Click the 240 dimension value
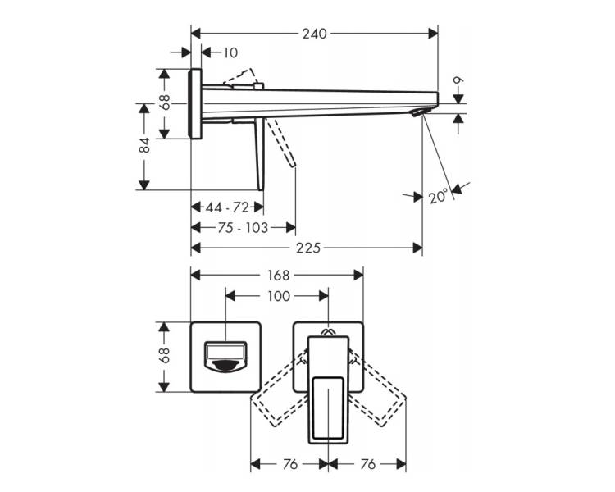[314, 34]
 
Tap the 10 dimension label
[230, 52]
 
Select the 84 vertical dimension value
[144, 145]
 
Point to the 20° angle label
[438, 196]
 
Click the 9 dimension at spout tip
[458, 80]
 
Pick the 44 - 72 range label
[227, 207]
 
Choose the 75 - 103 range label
[243, 228]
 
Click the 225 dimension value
[307, 248]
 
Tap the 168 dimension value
[278, 276]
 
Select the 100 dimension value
[278, 296]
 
